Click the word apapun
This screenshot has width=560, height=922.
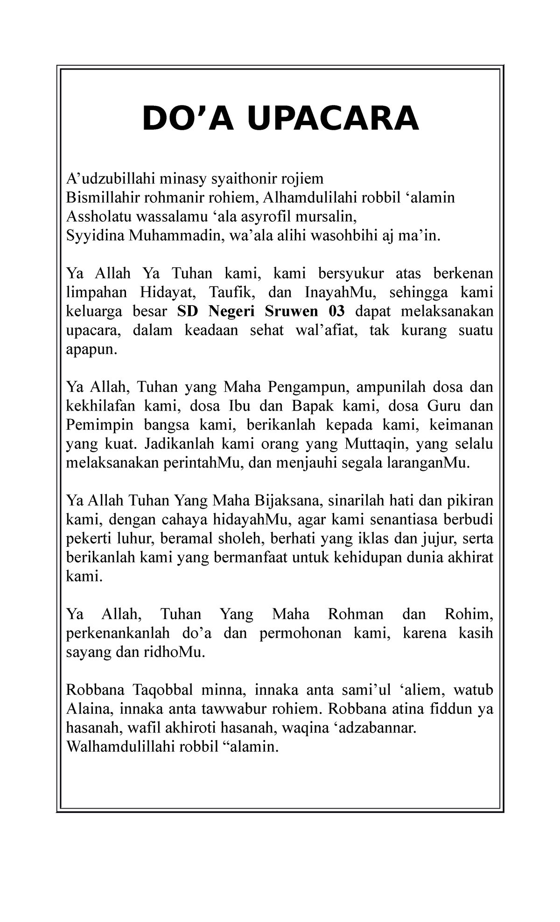(91, 349)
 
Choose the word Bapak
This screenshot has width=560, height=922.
(313, 406)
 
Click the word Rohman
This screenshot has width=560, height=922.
(356, 615)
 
